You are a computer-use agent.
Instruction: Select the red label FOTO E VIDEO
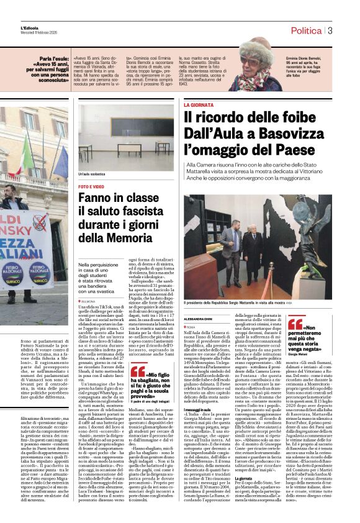91,186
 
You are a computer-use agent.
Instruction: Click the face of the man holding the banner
9,196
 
